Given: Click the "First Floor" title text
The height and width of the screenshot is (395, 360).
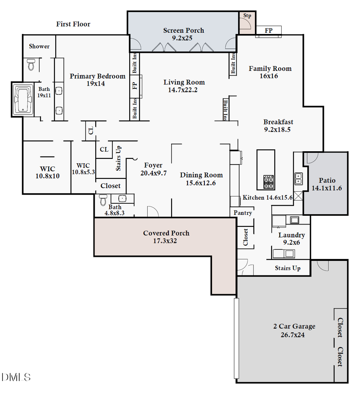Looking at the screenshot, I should (73, 24).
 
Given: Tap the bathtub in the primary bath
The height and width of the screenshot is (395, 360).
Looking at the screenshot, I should (23, 100).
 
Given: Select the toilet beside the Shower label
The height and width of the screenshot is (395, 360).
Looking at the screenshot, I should (31, 64).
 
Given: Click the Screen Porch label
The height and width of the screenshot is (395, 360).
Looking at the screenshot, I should (184, 30).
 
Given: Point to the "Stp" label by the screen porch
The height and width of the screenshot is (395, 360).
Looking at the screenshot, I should (247, 16).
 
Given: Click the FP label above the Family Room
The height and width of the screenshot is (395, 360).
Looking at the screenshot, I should (268, 30).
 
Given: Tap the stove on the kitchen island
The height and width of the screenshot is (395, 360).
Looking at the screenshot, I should (268, 182).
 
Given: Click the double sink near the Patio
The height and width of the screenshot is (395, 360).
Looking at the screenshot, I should (298, 178).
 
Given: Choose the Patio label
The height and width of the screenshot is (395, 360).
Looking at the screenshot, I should (327, 180).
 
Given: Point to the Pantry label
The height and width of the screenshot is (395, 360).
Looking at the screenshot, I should (243, 213).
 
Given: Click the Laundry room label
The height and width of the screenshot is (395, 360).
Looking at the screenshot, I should (291, 235).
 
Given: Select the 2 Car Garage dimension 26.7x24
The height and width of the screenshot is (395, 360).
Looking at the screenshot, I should (294, 335).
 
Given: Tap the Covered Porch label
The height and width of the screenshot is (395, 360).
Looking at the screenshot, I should (166, 233).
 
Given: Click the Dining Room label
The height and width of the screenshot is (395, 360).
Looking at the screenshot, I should (201, 175).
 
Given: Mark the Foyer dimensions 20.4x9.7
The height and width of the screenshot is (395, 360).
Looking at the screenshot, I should (153, 173).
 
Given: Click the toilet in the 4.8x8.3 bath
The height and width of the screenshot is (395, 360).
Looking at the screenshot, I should (103, 199).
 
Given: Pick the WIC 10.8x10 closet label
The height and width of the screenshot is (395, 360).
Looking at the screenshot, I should (48, 169).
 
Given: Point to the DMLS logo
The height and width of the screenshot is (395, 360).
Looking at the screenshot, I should (16, 377).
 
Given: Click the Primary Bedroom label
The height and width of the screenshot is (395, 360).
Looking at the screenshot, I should (98, 76).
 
